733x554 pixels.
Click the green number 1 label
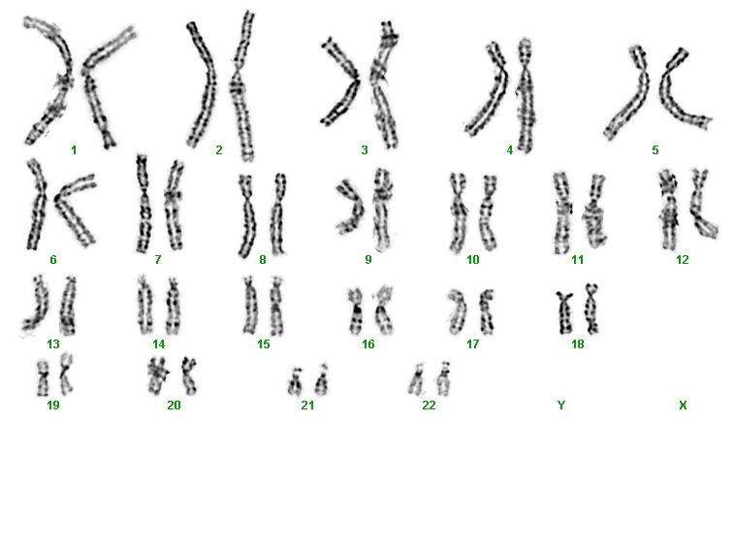click(74, 150)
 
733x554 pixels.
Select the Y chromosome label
click(561, 406)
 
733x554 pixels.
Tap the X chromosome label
click(683, 406)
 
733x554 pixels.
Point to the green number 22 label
click(429, 406)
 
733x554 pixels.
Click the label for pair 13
click(53, 344)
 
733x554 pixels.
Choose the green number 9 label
click(367, 260)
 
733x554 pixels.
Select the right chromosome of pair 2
click(242, 86)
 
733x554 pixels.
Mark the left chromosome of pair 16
click(356, 311)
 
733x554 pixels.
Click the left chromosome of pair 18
click(564, 312)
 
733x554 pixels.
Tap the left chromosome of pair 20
click(157, 375)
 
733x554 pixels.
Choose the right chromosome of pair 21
click(322, 380)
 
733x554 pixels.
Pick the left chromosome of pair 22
click(416, 380)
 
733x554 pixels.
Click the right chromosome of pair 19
click(66, 375)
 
